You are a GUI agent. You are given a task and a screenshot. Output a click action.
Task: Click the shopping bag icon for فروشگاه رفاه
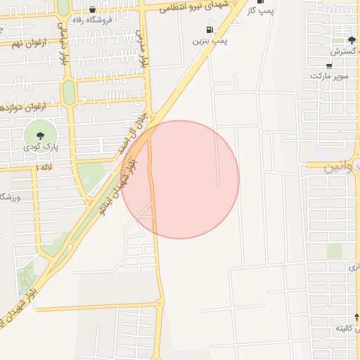[x=92, y=10]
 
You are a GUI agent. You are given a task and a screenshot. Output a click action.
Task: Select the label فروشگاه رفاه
[x=92, y=20]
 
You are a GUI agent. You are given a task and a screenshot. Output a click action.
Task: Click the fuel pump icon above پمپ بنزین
[x=209, y=30]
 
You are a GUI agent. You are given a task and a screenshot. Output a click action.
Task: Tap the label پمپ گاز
[x=260, y=10]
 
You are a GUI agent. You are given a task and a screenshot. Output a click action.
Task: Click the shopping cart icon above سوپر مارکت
[x=329, y=64]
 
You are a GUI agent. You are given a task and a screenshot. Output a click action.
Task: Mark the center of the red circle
[x=180, y=179]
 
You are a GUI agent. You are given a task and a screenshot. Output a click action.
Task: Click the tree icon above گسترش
[x=352, y=40]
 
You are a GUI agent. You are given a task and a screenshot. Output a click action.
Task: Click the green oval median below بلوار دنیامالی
[x=68, y=91]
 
